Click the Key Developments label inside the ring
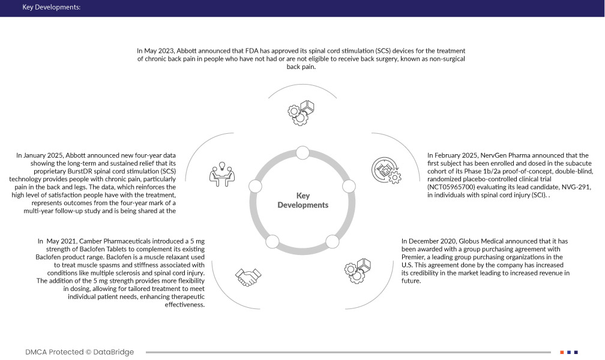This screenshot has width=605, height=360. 302,200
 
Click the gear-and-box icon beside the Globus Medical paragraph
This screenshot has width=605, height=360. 362,268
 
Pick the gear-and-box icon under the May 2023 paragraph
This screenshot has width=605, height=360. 302,112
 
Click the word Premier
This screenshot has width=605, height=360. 415,257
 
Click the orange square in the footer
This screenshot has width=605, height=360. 562,352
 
